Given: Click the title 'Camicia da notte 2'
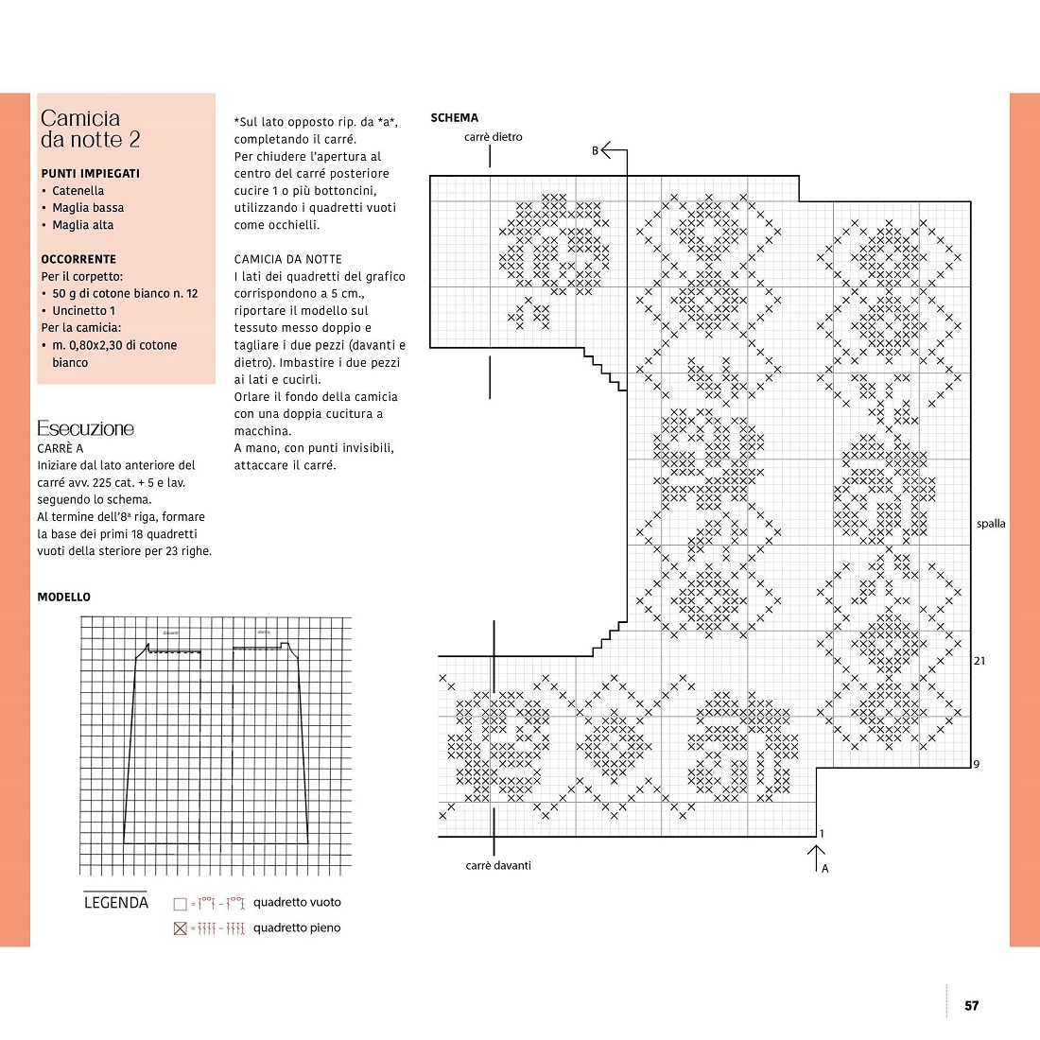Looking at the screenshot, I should click(90, 129).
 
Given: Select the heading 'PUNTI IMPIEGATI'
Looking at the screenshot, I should click(90, 174).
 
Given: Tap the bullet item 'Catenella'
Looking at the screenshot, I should click(78, 191).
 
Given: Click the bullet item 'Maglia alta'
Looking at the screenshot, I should click(82, 225).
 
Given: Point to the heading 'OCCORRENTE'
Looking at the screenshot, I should click(78, 259).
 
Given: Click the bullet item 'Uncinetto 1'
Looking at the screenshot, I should click(83, 311).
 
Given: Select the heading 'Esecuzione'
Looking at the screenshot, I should click(85, 429).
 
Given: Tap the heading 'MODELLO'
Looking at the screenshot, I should click(64, 598).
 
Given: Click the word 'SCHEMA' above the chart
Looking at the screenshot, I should click(454, 118).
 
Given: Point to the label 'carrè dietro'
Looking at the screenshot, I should click(493, 137).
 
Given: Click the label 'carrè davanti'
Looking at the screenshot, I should click(498, 866).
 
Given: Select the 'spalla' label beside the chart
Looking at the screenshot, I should click(991, 524).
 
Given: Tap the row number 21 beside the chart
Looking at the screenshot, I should click(979, 661).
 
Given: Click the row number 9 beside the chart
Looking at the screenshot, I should click(977, 764).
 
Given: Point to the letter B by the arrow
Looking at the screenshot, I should click(596, 150).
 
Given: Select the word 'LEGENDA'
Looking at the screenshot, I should click(116, 903).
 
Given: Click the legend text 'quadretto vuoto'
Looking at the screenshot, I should click(297, 903).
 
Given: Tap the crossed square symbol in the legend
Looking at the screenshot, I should click(181, 928).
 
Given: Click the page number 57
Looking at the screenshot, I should click(972, 1006).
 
